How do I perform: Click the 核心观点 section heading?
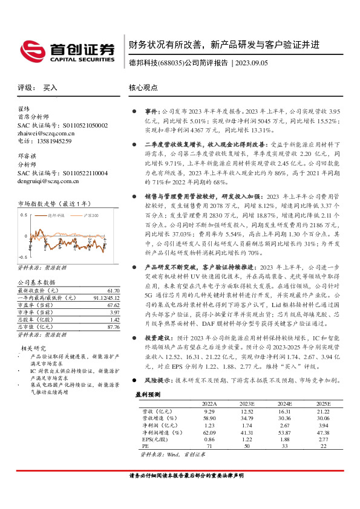point(143,88)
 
